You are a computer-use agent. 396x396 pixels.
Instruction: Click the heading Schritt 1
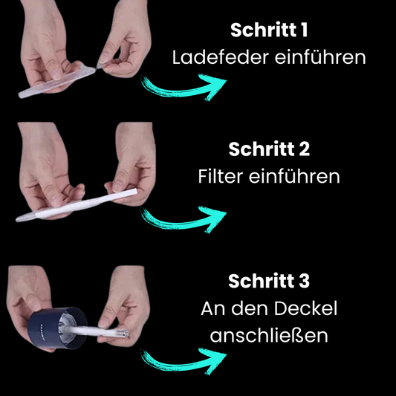click(269, 30)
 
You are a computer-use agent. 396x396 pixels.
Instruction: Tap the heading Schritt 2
click(269, 149)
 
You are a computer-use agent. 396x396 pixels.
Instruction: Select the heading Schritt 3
click(269, 281)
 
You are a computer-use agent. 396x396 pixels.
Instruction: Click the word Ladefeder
click(220, 57)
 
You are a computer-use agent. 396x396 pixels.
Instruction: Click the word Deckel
click(305, 308)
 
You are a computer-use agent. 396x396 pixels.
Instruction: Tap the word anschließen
click(269, 335)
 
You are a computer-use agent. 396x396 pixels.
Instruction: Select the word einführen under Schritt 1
click(320, 57)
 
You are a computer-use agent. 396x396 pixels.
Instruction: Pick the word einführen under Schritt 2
click(294, 176)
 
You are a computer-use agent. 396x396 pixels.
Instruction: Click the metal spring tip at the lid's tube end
click(123, 334)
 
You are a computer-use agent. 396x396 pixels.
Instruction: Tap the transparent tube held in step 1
click(56, 82)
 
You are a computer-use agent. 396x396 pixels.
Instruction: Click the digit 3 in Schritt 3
click(304, 281)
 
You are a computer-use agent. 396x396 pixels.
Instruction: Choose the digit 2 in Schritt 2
click(305, 149)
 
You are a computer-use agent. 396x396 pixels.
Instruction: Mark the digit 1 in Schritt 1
click(305, 30)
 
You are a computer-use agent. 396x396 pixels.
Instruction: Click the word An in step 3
click(212, 308)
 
